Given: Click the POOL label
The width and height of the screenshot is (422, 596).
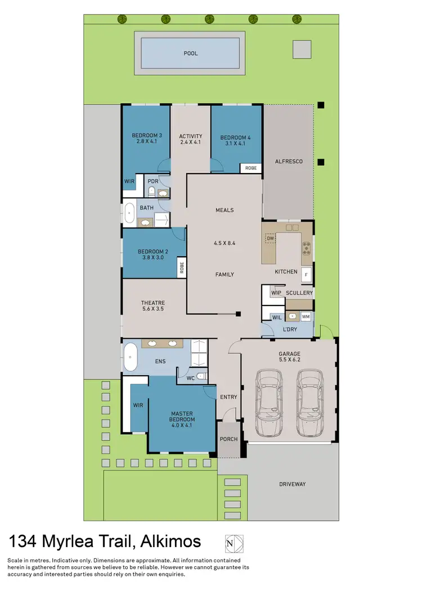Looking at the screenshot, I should tap(191, 53).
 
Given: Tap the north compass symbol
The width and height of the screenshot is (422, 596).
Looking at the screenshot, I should tap(234, 543).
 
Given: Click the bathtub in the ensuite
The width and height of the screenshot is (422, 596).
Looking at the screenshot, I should tap(130, 357).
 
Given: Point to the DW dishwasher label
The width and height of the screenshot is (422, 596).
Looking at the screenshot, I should tap(270, 239).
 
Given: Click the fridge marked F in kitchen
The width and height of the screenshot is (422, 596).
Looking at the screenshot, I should tap(307, 275).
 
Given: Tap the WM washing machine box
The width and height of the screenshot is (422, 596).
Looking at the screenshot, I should tap(306, 317).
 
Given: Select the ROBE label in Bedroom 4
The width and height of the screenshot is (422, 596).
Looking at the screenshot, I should tap(251, 168).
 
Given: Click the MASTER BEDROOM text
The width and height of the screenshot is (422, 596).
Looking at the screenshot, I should tap(182, 417).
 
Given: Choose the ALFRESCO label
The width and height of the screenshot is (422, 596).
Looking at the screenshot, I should tap(289, 161).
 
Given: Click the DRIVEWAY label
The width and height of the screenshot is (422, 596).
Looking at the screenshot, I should tap(293, 484).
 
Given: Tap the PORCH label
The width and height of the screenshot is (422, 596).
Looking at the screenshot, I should tap(228, 439).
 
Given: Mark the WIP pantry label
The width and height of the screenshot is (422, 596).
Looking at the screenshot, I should tap(276, 293).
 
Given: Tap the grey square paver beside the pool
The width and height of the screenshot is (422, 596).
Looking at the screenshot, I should tap(302, 49).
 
